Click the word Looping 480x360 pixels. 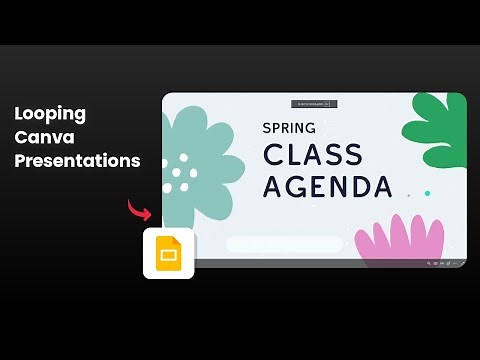pyautogui.click(x=50, y=114)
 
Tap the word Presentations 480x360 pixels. pyautogui.click(x=77, y=160)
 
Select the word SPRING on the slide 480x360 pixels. pyautogui.click(x=289, y=128)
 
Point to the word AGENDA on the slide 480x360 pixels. pyautogui.click(x=326, y=186)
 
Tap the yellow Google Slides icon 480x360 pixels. pyautogui.click(x=168, y=254)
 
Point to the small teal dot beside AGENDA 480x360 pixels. pyautogui.click(x=427, y=193)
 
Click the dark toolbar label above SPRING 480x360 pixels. pyautogui.click(x=314, y=103)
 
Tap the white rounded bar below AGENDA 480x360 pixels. pyautogui.click(x=284, y=243)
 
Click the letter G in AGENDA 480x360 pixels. pyautogui.click(x=297, y=186)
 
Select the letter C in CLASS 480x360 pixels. pyautogui.click(x=272, y=155)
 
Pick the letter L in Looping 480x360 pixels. pyautogui.click(x=20, y=113)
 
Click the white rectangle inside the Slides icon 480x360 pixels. pyautogui.click(x=168, y=256)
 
